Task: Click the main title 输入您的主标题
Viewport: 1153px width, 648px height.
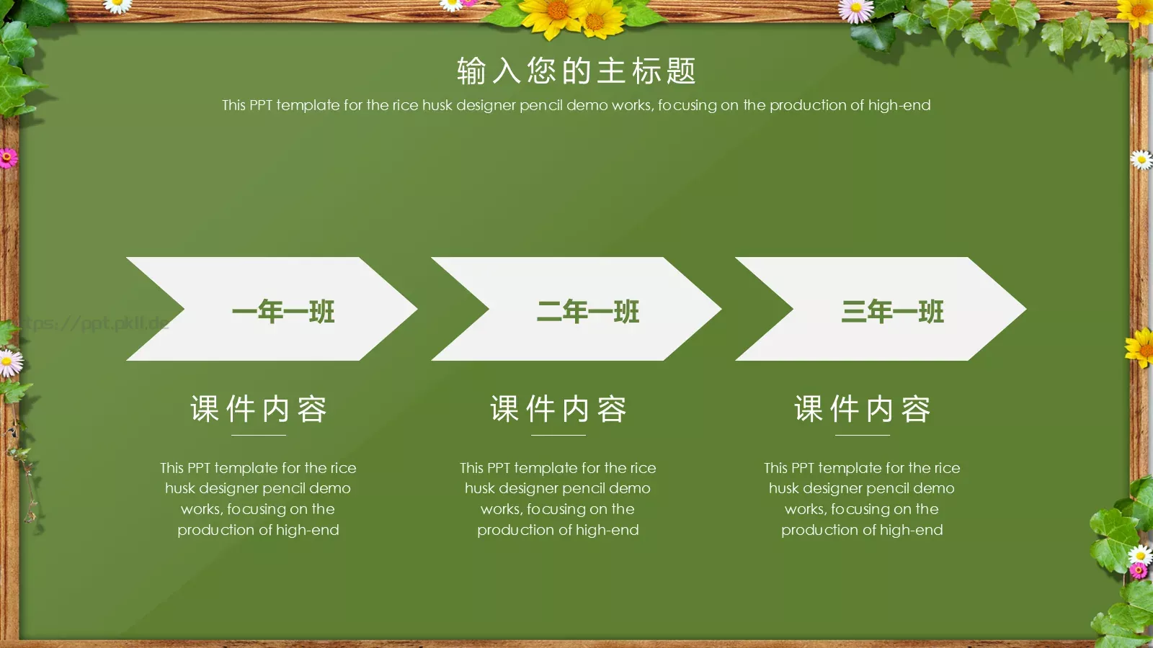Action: pos(576,71)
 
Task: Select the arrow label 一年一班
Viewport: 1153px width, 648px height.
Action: pos(283,312)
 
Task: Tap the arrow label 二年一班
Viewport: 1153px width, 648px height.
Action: pos(588,312)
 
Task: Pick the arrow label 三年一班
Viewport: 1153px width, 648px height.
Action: pos(892,312)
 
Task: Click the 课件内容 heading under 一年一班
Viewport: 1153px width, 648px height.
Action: pos(259,409)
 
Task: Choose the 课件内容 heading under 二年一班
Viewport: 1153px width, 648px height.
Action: pos(558,409)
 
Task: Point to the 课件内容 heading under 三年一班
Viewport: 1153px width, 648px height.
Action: pos(863,409)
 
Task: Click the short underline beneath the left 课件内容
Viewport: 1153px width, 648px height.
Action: pos(259,435)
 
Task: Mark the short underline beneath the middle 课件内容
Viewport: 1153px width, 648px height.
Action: pos(558,435)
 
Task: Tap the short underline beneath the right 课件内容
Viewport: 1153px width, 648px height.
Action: pos(863,435)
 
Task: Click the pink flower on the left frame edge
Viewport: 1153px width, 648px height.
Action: pos(8,158)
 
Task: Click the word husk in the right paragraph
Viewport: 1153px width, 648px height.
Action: pos(783,488)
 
